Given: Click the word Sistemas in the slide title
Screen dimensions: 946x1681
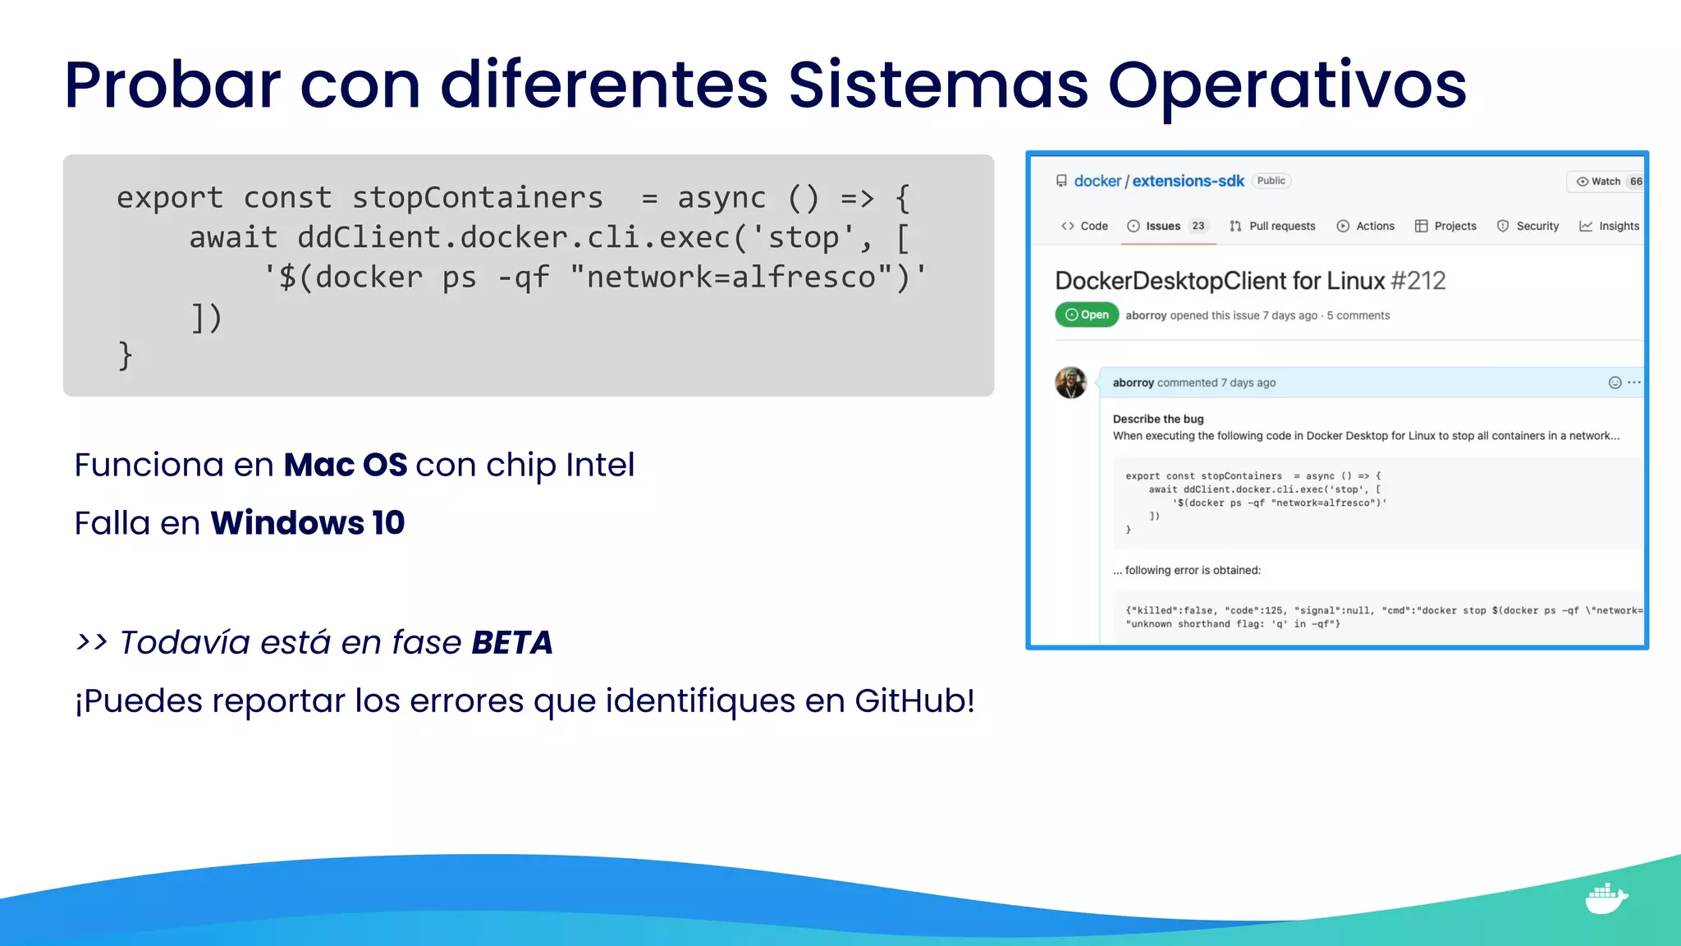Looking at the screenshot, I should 937,85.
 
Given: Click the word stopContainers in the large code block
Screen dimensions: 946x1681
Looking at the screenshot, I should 477,198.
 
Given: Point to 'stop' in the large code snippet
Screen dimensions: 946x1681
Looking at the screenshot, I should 802,238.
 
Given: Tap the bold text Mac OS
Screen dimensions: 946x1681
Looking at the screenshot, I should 345,465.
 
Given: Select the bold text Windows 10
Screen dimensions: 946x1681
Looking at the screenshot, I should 307,523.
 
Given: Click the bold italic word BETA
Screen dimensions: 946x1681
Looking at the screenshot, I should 512,643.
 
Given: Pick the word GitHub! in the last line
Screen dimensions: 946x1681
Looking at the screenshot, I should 914,701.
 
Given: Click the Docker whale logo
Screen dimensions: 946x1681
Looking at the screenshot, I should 1605,898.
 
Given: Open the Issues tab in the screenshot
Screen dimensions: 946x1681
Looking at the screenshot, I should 1162,227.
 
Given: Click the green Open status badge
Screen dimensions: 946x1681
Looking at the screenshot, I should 1087,315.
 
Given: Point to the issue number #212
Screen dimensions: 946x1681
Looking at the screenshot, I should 1418,281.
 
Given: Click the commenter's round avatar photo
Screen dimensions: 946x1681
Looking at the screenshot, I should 1071,383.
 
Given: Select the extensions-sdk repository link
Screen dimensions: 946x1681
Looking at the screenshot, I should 1188,181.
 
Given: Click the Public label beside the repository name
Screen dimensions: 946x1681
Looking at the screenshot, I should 1271,181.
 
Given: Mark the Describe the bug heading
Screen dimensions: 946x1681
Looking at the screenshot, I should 1158,419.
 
